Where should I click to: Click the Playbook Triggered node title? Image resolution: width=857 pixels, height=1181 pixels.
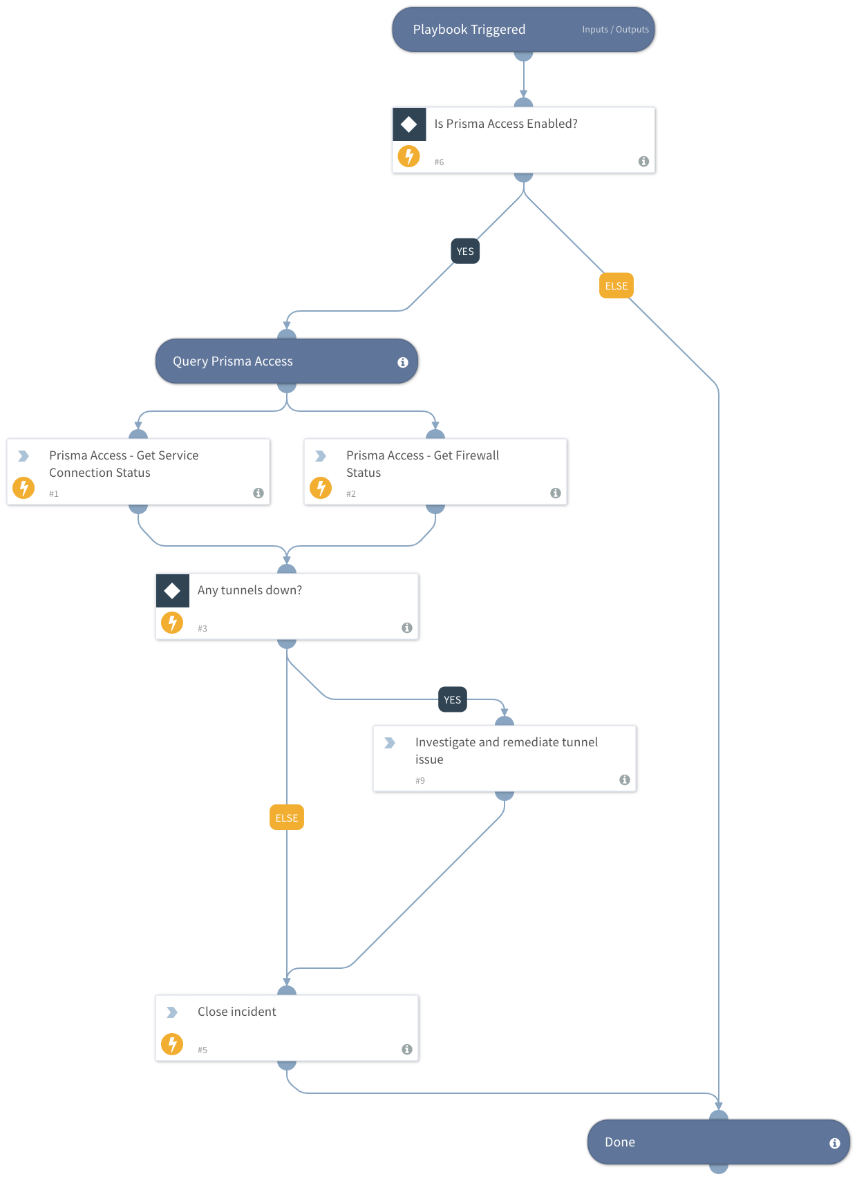(x=469, y=30)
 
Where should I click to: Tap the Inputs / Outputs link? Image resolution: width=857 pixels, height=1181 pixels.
(x=615, y=30)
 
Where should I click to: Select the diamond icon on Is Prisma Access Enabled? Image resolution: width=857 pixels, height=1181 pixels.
(x=409, y=124)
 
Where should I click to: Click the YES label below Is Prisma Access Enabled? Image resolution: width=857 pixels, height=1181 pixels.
(x=465, y=252)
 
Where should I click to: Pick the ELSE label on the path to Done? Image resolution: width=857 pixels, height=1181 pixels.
(x=616, y=286)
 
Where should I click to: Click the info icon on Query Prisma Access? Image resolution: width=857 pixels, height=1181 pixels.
(x=403, y=362)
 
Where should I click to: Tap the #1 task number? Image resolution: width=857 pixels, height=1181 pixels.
(x=54, y=494)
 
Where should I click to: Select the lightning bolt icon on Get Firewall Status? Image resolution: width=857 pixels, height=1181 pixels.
(x=321, y=488)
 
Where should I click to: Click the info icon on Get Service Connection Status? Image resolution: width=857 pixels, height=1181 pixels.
(x=258, y=493)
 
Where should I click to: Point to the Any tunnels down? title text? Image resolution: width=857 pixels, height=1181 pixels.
(x=249, y=590)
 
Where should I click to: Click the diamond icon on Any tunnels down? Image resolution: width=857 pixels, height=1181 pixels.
(x=173, y=591)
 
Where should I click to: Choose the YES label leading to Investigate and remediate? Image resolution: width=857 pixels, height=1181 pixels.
(x=453, y=700)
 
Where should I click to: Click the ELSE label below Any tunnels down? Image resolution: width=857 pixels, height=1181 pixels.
(x=287, y=818)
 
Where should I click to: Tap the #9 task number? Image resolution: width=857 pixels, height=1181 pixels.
(x=420, y=781)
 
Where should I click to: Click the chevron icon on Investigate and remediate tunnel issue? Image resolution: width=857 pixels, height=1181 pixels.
(x=390, y=743)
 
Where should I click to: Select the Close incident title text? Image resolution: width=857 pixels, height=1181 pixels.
(x=236, y=1012)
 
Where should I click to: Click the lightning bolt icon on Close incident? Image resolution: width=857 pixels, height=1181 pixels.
(x=172, y=1044)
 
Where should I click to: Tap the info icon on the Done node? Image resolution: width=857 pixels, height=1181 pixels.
(x=835, y=1143)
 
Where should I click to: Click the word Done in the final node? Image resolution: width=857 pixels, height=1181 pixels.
(x=619, y=1142)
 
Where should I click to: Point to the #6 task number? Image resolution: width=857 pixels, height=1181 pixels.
(x=439, y=162)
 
